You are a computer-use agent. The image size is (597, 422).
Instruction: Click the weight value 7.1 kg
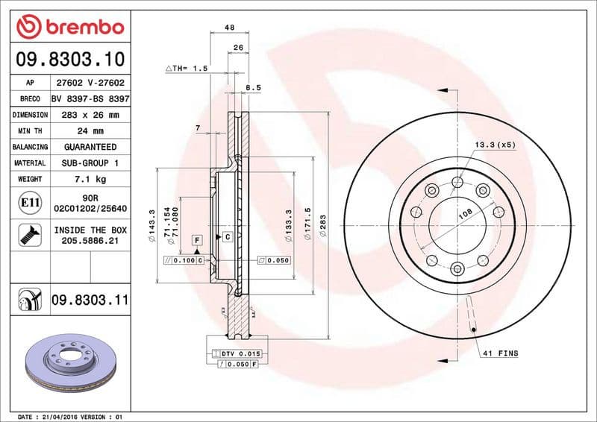pyautogui.click(x=90, y=179)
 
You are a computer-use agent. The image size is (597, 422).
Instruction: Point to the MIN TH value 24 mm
pyautogui.click(x=90, y=131)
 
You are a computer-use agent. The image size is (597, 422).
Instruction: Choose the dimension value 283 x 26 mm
pyautogui.click(x=90, y=115)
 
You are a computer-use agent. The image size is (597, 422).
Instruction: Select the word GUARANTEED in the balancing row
pyautogui.click(x=90, y=147)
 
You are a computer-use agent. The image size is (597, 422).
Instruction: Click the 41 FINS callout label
pyautogui.click(x=500, y=352)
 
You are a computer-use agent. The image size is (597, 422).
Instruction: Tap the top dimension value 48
pyautogui.click(x=229, y=28)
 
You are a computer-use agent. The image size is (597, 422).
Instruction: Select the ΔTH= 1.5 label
pyautogui.click(x=186, y=68)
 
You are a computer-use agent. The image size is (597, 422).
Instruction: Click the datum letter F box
pyautogui.click(x=197, y=240)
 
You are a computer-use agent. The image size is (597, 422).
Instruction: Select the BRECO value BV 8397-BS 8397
pyautogui.click(x=90, y=98)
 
